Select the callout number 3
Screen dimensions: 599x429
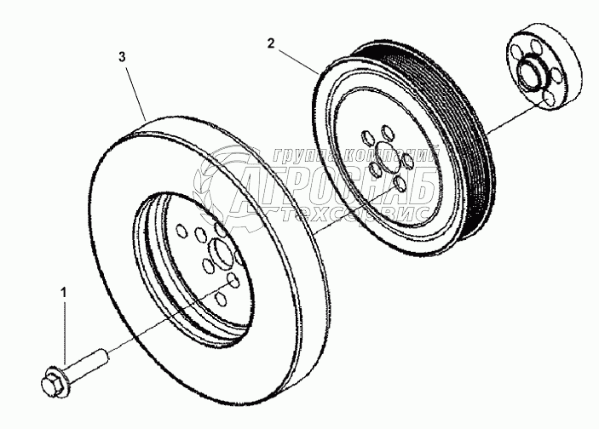(x=123, y=56)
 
